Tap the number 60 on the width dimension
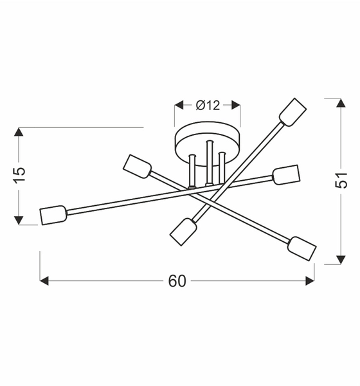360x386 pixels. tap(177, 281)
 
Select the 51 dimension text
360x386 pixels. tap(342, 181)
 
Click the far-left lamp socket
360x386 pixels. tap(53, 215)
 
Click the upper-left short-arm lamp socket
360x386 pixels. tap(136, 167)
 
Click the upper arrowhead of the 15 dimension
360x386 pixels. tap(19, 133)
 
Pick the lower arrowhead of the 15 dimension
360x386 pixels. tap(19, 219)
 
